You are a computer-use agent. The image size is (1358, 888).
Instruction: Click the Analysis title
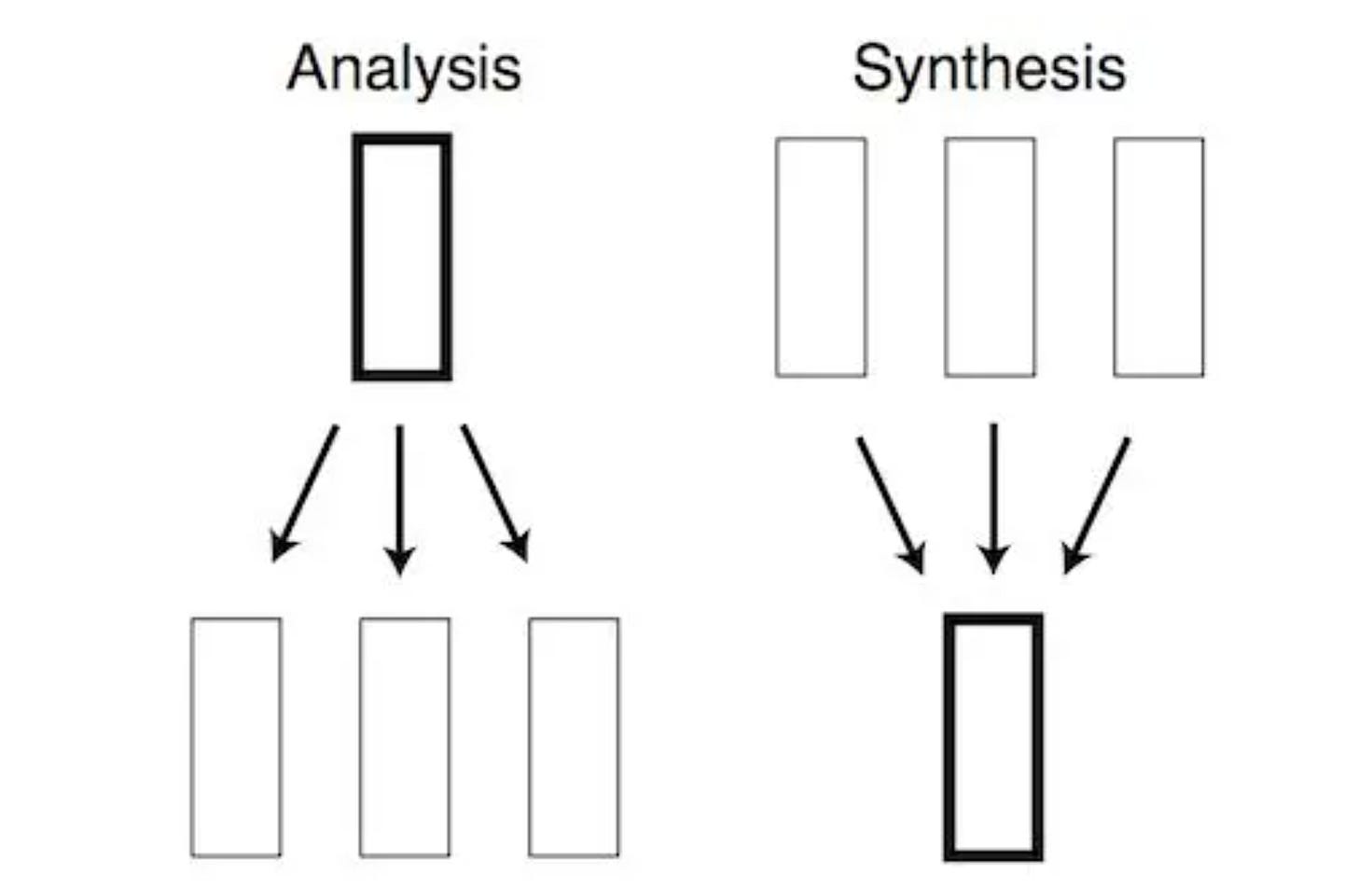[x=404, y=69]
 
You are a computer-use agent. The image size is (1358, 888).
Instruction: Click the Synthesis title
[x=989, y=69]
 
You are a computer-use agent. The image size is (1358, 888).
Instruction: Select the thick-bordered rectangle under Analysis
[x=402, y=257]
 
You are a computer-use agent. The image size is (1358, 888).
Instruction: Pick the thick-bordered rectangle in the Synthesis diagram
[x=993, y=736]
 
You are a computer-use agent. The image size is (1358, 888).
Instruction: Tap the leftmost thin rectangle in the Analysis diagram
[x=236, y=736]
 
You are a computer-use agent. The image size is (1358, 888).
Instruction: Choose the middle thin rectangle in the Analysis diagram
[x=404, y=736]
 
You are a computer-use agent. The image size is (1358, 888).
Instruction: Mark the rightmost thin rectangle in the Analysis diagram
[x=574, y=736]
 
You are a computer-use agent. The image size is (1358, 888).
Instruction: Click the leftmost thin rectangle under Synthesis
[x=821, y=257]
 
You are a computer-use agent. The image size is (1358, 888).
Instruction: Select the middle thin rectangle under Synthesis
[x=990, y=257]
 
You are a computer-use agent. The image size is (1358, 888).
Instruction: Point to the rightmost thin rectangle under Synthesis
[x=1158, y=257]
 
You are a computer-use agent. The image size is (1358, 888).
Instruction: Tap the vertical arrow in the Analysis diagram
[x=400, y=494]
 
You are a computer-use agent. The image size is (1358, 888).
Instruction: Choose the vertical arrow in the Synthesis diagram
[x=993, y=494]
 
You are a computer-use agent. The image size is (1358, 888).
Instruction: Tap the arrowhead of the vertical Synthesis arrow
[x=993, y=560]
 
